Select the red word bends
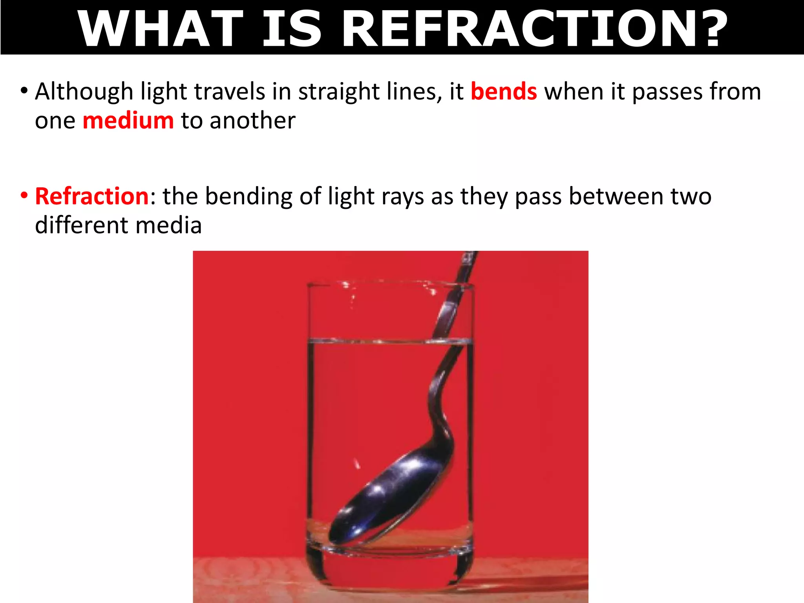504,91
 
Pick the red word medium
128,121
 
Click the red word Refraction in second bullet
92,196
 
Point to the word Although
84,91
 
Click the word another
252,121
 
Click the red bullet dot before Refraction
24,195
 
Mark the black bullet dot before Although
24,91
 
